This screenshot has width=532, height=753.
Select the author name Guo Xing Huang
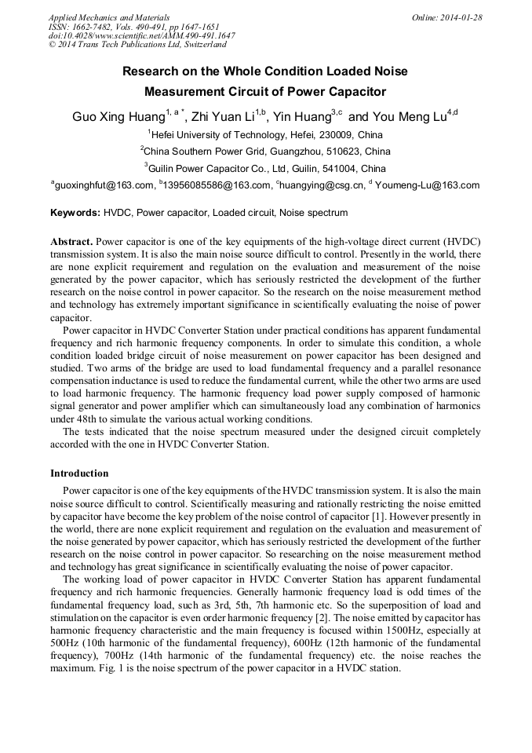pos(118,117)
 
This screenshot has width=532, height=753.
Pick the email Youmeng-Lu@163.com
pos(427,185)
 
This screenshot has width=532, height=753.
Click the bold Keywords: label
pos(75,213)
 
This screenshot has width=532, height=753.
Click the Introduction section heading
pos(79,473)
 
